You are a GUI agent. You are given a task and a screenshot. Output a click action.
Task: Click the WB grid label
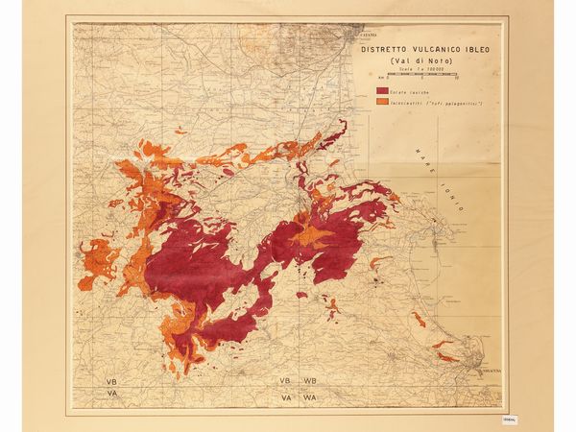pos(310,381)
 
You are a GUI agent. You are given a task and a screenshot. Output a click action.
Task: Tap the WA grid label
pos(310,395)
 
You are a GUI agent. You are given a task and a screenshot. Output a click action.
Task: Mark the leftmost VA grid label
pos(112,393)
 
